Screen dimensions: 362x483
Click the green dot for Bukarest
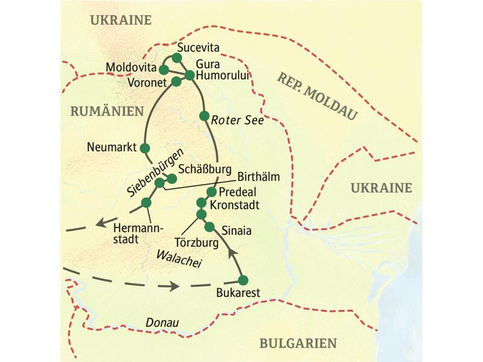(x=243, y=280)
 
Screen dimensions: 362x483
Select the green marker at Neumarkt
(x=144, y=148)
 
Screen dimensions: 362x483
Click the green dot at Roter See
(x=203, y=116)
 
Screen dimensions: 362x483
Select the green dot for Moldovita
(x=163, y=70)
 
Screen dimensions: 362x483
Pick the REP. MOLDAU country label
(x=318, y=97)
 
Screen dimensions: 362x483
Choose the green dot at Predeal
(x=211, y=192)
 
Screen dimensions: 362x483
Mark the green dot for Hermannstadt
(x=146, y=202)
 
